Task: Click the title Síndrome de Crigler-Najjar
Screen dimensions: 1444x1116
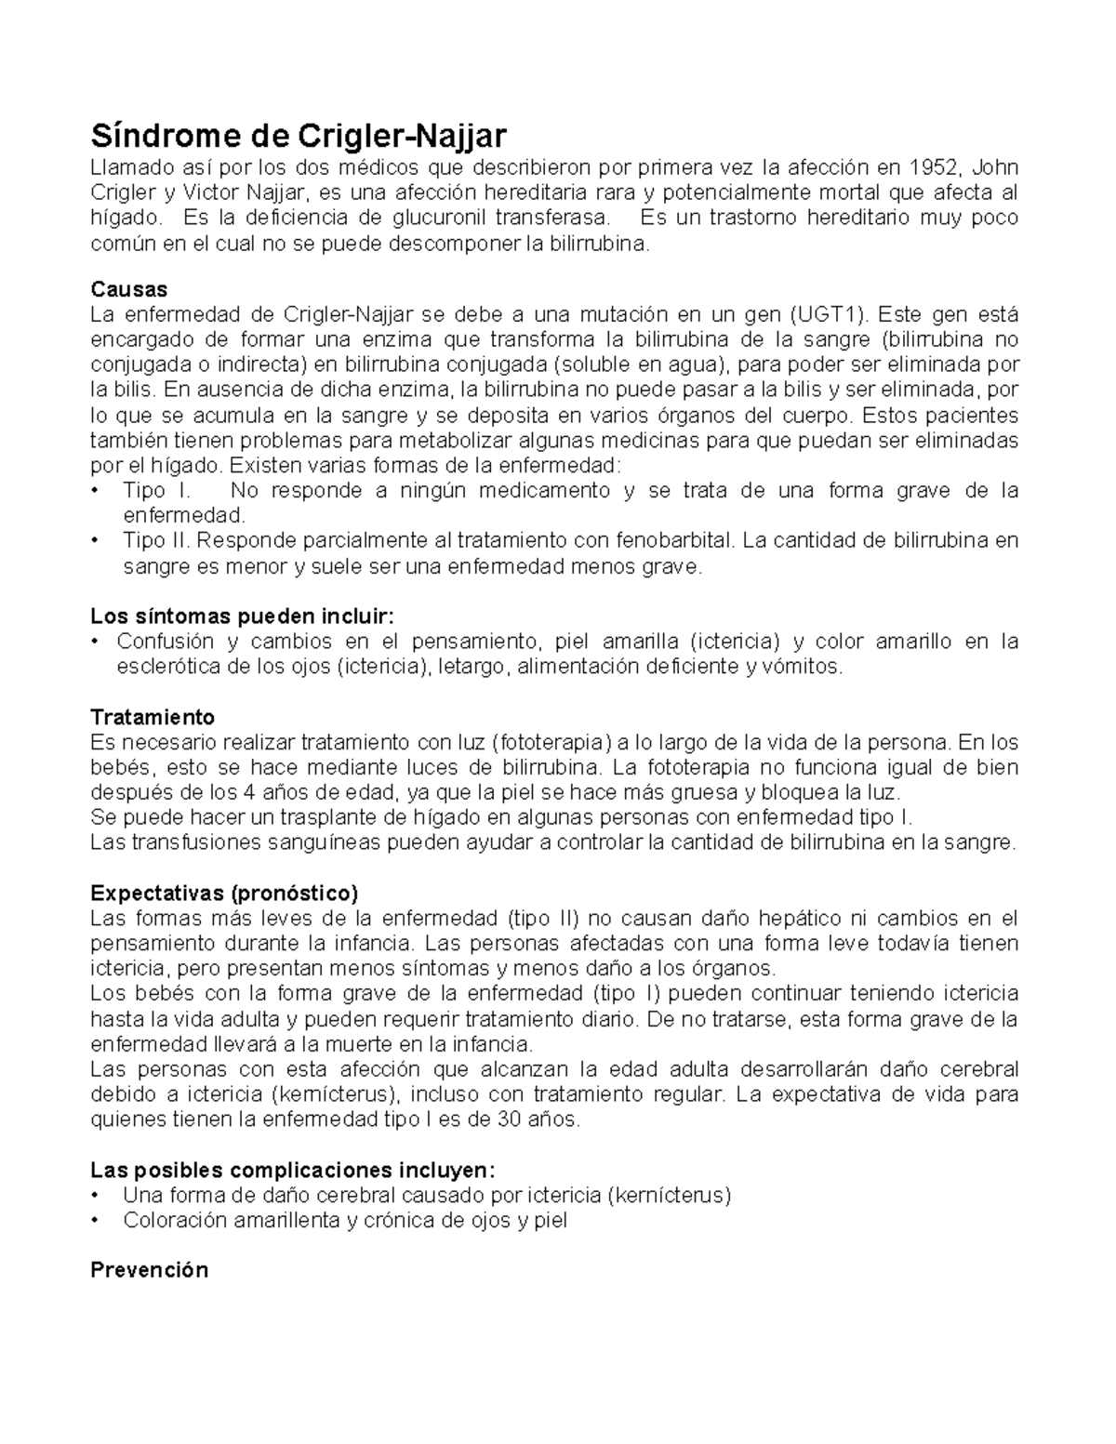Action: tap(298, 136)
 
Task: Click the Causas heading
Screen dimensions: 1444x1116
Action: tap(128, 289)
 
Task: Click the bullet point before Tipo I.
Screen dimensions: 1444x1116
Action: tap(96, 490)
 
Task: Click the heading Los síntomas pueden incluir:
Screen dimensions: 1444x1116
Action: tap(242, 616)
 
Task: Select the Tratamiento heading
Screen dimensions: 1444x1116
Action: tap(153, 717)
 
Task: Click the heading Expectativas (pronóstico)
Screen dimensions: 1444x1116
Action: tap(223, 893)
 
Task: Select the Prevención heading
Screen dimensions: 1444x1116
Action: tap(149, 1270)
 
